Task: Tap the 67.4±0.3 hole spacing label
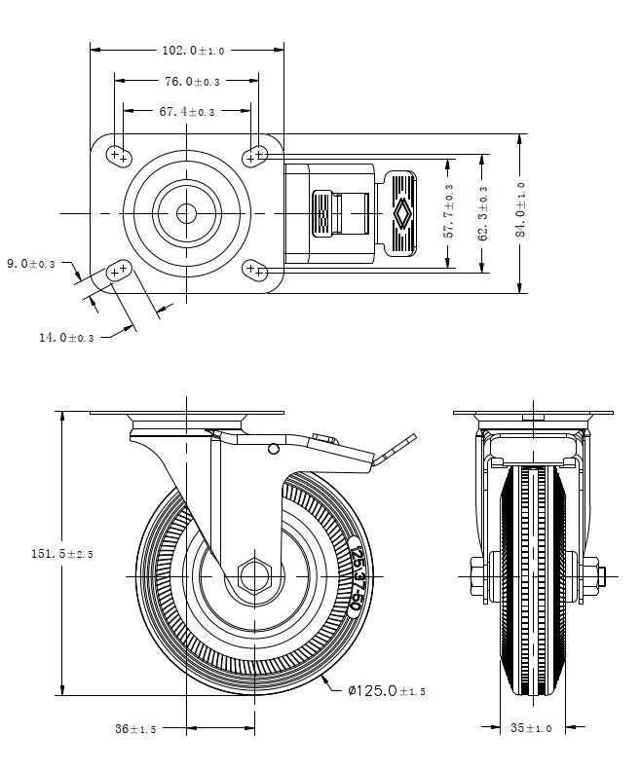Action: pyautogui.click(x=186, y=112)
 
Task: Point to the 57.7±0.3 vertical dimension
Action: pyautogui.click(x=448, y=211)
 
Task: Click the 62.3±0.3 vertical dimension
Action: pyautogui.click(x=482, y=211)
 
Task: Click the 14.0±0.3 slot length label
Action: pyautogui.click(x=66, y=337)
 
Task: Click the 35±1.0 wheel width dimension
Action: pyautogui.click(x=530, y=727)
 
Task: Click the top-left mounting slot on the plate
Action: pyautogui.click(x=119, y=154)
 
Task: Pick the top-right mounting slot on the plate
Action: pyautogui.click(x=256, y=154)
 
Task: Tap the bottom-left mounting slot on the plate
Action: pyautogui.click(x=119, y=272)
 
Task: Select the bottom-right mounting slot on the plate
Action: pyautogui.click(x=256, y=272)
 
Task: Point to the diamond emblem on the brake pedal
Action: pyautogui.click(x=400, y=212)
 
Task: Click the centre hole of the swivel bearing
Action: pyautogui.click(x=186, y=212)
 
